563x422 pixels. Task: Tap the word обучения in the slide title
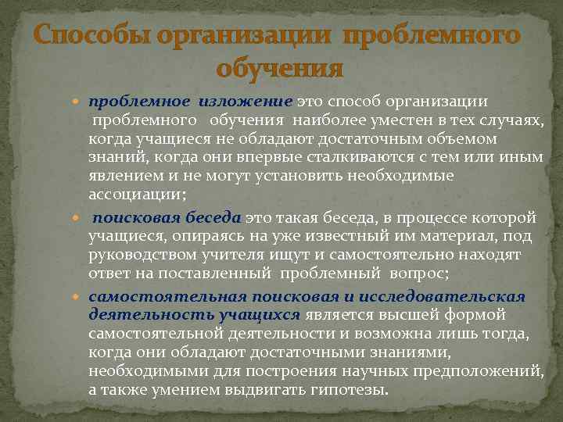[x=281, y=69]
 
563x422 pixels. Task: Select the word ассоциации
[x=134, y=195]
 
